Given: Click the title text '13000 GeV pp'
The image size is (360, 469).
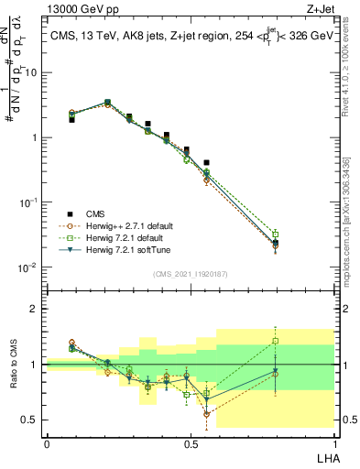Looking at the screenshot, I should [x=77, y=10].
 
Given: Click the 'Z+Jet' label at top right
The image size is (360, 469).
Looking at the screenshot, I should [x=317, y=10].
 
